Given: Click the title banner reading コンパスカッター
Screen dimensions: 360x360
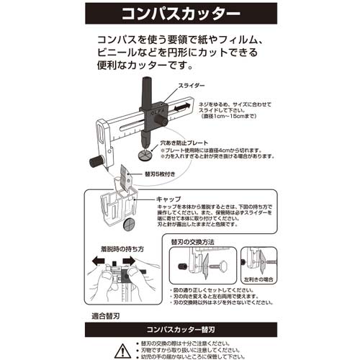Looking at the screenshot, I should click(x=179, y=13).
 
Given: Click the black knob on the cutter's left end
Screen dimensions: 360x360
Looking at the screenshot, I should click(x=95, y=161).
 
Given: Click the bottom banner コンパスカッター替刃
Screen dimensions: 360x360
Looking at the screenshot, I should click(x=179, y=330).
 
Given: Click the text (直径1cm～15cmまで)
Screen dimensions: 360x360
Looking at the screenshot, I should click(x=227, y=114).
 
